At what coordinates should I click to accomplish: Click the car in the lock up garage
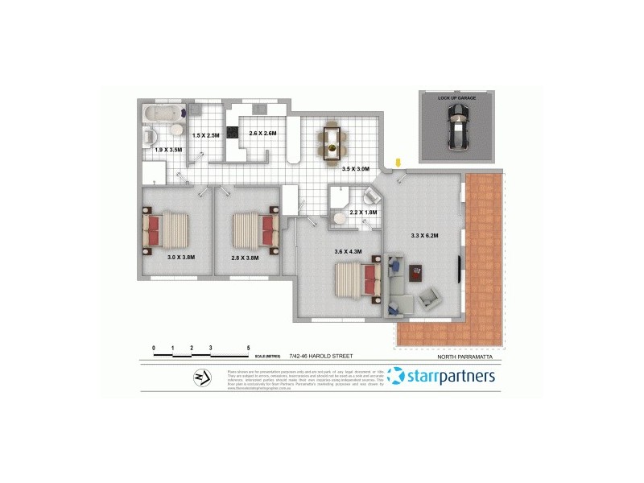[x=456, y=129]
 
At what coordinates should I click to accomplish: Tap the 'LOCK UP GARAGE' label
[x=456, y=97]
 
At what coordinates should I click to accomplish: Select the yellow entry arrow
[x=400, y=164]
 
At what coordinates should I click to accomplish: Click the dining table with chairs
[x=332, y=141]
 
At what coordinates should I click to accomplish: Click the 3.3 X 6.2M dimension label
[x=423, y=235]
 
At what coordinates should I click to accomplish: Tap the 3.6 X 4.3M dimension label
[x=349, y=252]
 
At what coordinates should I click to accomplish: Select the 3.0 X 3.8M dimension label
[x=181, y=257]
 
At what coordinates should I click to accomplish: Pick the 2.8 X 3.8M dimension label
[x=246, y=257]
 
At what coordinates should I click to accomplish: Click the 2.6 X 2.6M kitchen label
[x=262, y=133]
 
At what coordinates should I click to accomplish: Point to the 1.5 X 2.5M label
[x=205, y=136]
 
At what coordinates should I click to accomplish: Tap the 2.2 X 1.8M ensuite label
[x=363, y=213]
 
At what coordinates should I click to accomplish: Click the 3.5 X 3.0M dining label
[x=355, y=169]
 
